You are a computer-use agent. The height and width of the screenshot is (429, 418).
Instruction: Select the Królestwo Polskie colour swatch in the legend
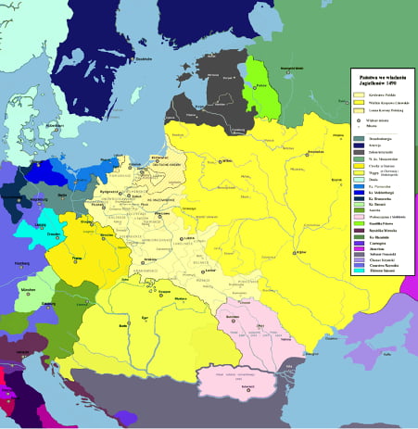358,95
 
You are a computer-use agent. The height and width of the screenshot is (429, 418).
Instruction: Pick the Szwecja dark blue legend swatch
358,145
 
